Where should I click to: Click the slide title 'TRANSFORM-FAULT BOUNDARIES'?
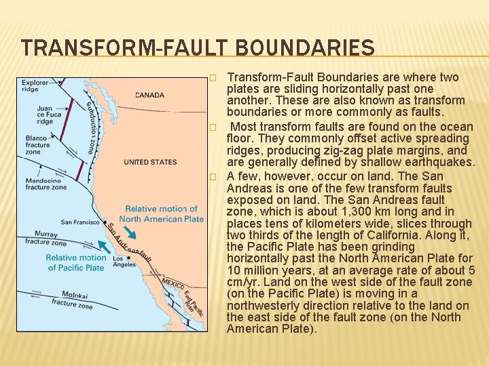pyautogui.click(x=197, y=48)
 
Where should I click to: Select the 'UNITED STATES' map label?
pyautogui.click(x=150, y=162)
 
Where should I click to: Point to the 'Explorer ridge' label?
pyautogui.click(x=35, y=86)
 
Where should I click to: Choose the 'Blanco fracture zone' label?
pyautogui.click(x=38, y=144)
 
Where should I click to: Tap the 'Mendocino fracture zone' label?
pyautogui.click(x=46, y=184)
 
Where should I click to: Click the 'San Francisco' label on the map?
pyautogui.click(x=81, y=222)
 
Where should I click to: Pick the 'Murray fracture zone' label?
pyautogui.click(x=46, y=238)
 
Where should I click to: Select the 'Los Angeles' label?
pyautogui.click(x=124, y=261)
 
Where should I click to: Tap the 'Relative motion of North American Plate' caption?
pyautogui.click(x=161, y=213)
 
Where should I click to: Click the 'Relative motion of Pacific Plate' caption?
pyautogui.click(x=76, y=262)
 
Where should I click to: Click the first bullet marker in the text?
pyautogui.click(x=213, y=78)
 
